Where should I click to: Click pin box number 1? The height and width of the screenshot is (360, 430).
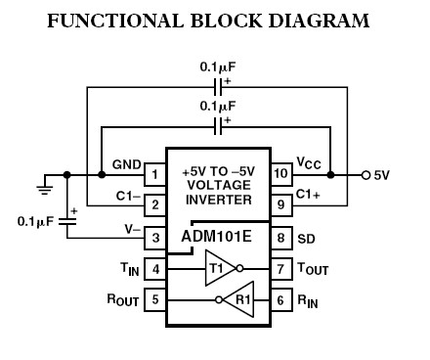pos(154,176)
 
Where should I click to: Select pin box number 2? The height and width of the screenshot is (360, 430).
pos(154,205)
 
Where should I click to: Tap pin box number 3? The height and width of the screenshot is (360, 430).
pos(154,236)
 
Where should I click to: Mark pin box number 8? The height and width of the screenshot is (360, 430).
pos(279,236)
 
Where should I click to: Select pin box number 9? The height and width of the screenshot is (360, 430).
pos(279,205)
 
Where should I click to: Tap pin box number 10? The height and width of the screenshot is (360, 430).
pos(279,176)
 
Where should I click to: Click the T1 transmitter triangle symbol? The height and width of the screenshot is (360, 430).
pos(216,266)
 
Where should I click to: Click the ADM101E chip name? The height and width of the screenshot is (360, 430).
pos(216,236)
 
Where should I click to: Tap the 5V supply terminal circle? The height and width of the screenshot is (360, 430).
pos(365,176)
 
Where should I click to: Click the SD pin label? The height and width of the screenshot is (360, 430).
pos(305,236)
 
